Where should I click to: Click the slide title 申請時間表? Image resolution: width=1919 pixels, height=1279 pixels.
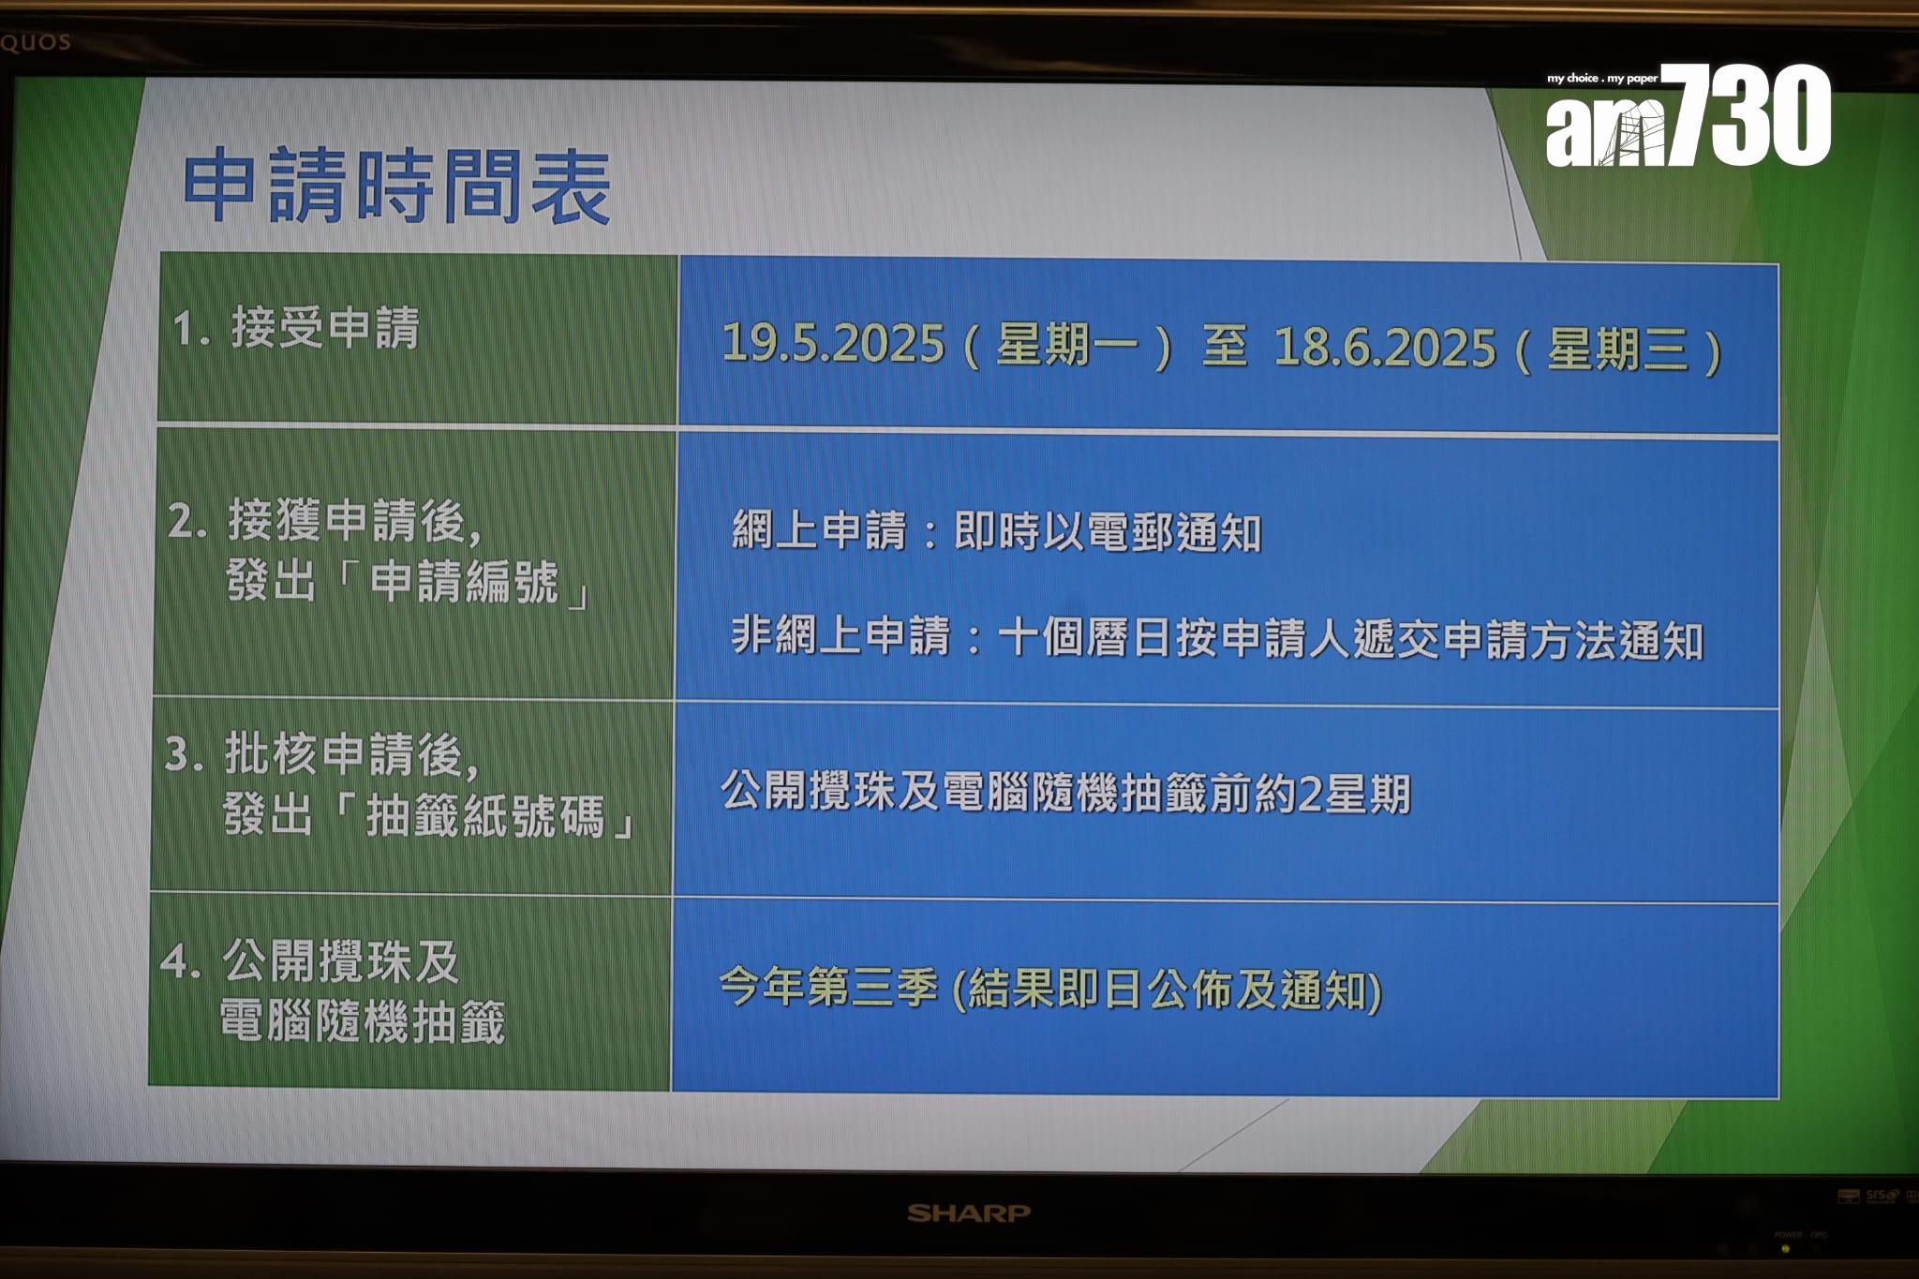click(x=396, y=186)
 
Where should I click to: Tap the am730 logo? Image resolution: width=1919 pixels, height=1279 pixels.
click(x=1688, y=115)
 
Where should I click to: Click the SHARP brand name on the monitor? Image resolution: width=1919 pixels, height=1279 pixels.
click(x=968, y=1213)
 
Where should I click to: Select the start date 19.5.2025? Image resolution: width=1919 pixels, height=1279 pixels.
click(x=833, y=343)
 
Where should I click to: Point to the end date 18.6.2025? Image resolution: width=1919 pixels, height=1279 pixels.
click(x=1384, y=348)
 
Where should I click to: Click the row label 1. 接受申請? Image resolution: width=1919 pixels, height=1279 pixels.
click(x=295, y=329)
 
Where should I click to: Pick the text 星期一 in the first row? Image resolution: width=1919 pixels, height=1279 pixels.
click(x=1066, y=345)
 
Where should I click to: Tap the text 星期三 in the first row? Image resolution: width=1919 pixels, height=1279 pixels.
click(x=1617, y=349)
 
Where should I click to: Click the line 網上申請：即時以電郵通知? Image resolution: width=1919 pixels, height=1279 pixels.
click(x=996, y=531)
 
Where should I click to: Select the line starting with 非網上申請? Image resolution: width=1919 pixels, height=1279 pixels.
click(x=1216, y=638)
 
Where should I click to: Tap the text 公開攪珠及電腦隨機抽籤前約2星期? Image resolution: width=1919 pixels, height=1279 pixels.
click(x=1065, y=793)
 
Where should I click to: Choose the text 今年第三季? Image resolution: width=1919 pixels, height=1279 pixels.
click(x=827, y=987)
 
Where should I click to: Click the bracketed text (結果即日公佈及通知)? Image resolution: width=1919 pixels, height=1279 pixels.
click(x=1167, y=990)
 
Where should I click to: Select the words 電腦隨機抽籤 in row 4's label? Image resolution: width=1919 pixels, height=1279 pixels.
click(x=362, y=1021)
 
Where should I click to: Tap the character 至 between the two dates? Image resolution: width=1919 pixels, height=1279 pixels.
click(x=1224, y=346)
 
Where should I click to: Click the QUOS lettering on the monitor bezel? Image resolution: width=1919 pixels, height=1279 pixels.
click(x=35, y=42)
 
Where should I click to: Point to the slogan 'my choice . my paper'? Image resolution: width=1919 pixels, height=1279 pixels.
click(x=1601, y=78)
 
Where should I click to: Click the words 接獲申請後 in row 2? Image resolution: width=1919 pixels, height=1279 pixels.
click(x=354, y=521)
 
